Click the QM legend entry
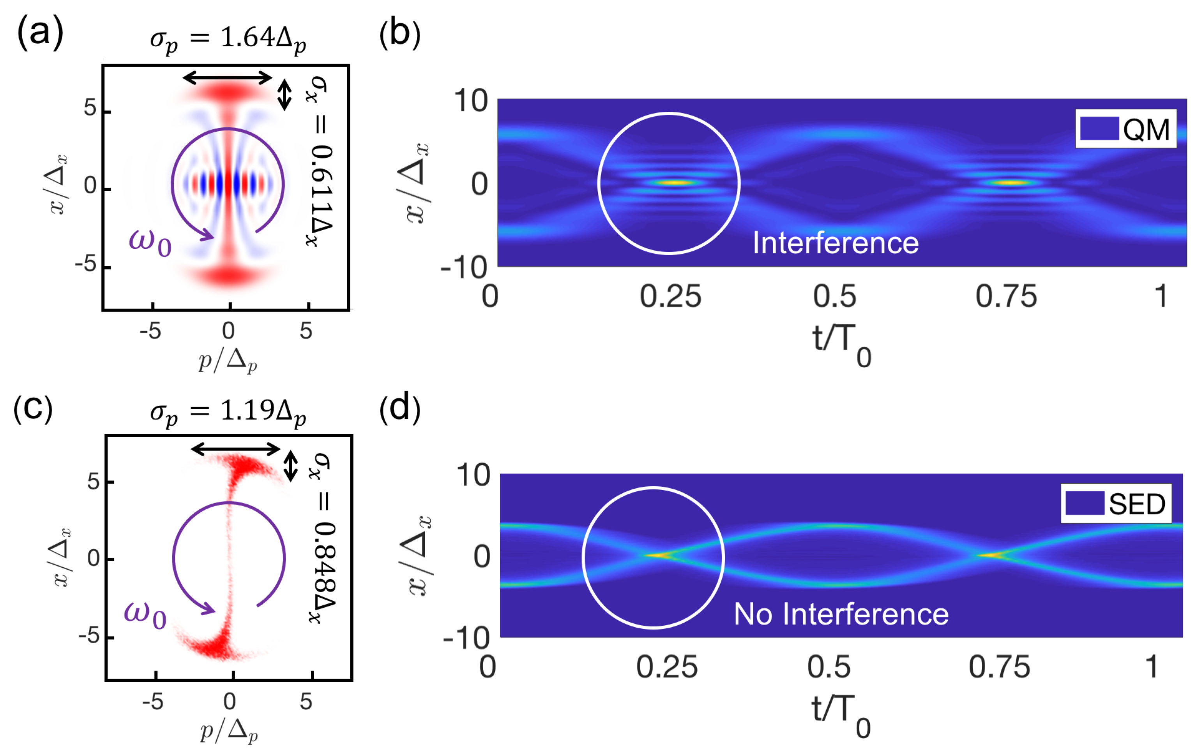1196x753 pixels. (1125, 128)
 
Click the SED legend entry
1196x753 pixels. (1116, 504)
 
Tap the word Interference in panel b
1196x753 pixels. (836, 243)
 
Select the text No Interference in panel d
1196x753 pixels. (841, 614)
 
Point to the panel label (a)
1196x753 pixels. (40, 33)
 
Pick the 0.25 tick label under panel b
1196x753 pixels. (670, 297)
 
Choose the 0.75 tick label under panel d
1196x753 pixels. (999, 667)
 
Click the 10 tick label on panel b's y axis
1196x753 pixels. (471, 101)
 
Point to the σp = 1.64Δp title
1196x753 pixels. (228, 40)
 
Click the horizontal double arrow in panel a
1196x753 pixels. (228, 78)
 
